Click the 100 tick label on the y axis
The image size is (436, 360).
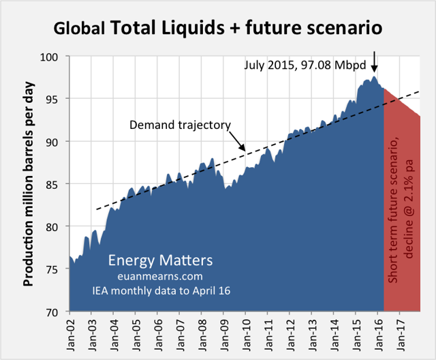pyautogui.click(x=55, y=56)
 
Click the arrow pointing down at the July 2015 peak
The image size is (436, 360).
pyautogui.click(x=374, y=62)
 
